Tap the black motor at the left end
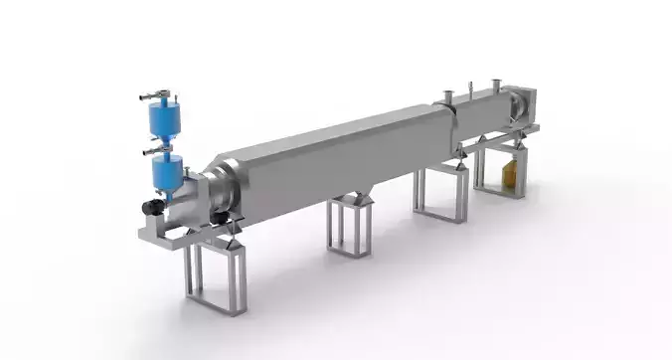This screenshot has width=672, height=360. (153, 208)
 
